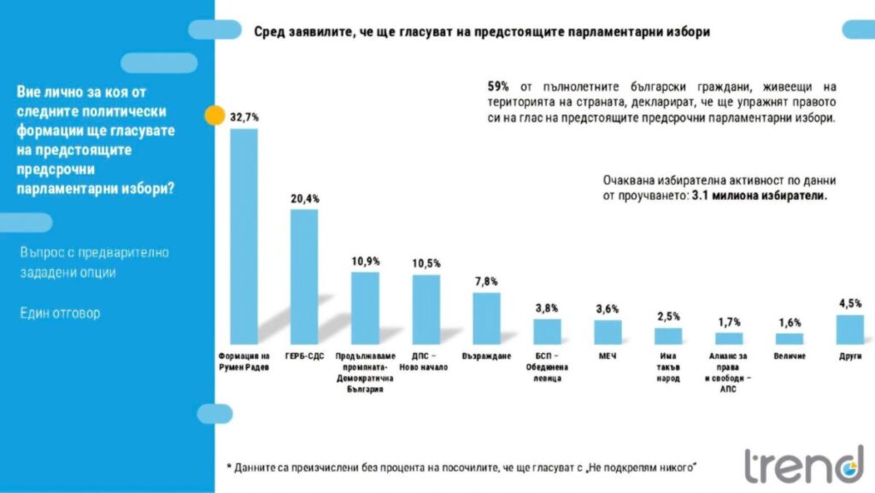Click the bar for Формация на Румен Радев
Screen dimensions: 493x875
244,236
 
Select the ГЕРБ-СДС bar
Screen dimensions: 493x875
304,276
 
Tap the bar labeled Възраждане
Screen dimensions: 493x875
486,318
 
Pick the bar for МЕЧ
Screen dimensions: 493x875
608,332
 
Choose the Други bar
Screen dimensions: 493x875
849,329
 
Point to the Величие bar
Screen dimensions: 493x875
789,338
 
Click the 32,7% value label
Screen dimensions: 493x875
244,118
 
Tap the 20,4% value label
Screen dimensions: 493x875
305,198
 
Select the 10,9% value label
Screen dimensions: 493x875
366,261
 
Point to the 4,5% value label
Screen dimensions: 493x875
849,303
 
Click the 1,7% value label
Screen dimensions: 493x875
729,321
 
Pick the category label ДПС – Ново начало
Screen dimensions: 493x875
426,361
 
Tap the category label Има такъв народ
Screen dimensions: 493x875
668,366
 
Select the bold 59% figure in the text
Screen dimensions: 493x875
498,86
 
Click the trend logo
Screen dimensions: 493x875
803,466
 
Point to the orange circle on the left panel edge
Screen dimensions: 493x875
214,115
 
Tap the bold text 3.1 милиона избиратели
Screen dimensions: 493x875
760,195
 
